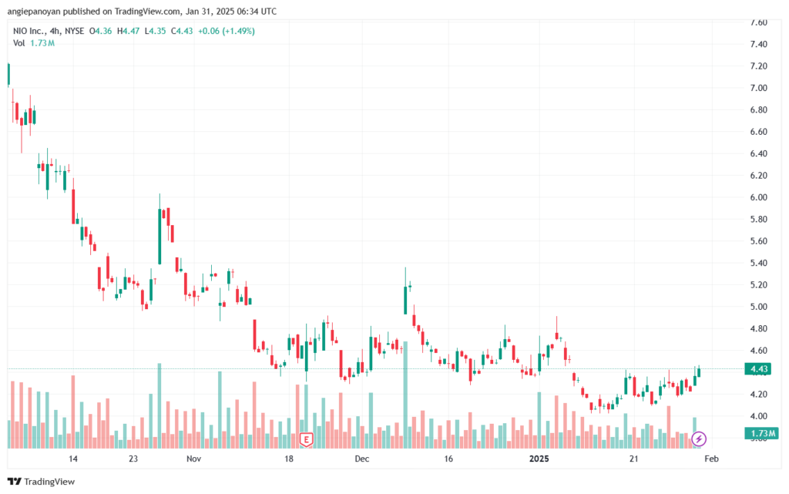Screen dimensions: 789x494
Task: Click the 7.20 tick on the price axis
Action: pos(758,66)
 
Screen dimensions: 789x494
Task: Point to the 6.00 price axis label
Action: pos(758,197)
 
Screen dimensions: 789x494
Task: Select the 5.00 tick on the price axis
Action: pos(758,307)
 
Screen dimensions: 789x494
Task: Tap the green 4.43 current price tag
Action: pos(758,369)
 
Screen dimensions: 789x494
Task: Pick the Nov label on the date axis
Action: pos(193,459)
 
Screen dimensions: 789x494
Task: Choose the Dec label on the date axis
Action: pos(362,459)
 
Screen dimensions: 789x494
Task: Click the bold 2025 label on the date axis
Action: pos(539,459)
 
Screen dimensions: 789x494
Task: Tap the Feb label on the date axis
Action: pos(711,459)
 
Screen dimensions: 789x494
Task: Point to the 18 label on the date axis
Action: pos(289,459)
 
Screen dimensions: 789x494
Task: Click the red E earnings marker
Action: pos(306,439)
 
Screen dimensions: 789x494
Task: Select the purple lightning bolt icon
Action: pos(698,439)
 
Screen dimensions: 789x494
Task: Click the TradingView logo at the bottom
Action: pos(42,482)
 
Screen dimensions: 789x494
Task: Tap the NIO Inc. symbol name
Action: pos(29,31)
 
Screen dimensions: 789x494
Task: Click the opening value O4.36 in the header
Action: pos(101,31)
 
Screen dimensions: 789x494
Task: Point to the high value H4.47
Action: pos(129,31)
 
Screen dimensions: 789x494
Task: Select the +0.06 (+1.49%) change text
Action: pos(227,31)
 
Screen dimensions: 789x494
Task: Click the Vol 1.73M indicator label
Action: pos(34,43)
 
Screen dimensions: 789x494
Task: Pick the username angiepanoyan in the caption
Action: pos(34,11)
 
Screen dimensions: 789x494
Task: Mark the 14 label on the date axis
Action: pos(73,459)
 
